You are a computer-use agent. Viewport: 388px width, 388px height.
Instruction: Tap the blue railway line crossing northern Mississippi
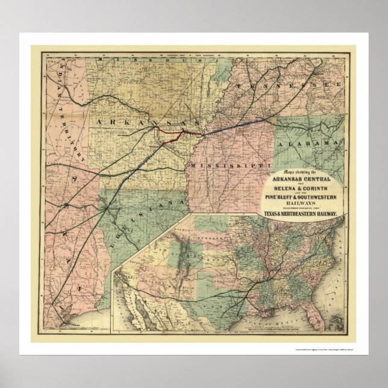[x=235, y=126]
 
